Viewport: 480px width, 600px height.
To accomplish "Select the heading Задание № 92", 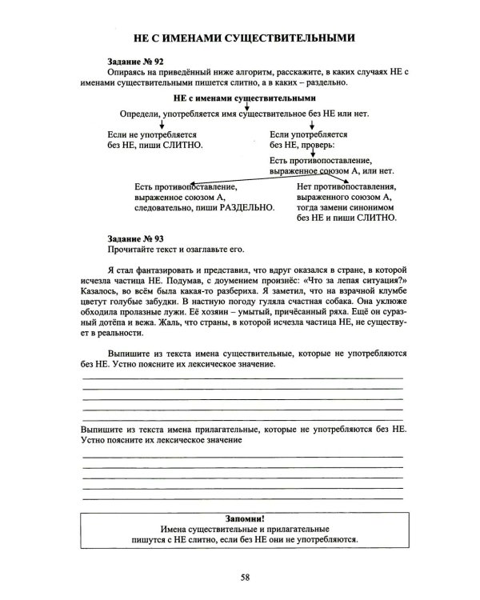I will [135, 62].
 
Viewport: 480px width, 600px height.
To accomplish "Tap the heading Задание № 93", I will [135, 238].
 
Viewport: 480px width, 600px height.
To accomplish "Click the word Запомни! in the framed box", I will [245, 518].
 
